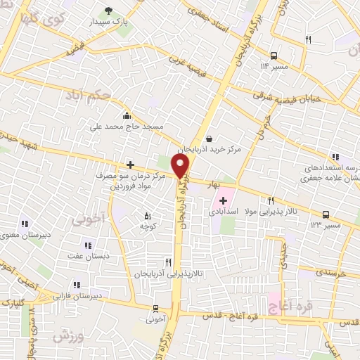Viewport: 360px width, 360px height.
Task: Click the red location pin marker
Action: point(181,166)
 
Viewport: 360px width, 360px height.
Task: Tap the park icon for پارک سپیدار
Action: point(108,11)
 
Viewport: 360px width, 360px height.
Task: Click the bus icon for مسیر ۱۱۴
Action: point(274,54)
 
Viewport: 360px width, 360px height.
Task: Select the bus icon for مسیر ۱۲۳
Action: point(326,214)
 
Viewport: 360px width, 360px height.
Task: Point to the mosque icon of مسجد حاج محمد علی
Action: point(127,116)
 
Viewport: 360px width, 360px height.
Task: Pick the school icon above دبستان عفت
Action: point(88,245)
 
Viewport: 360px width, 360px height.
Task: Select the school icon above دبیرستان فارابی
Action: point(76,285)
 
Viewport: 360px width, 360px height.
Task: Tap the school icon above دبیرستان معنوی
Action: point(25,224)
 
